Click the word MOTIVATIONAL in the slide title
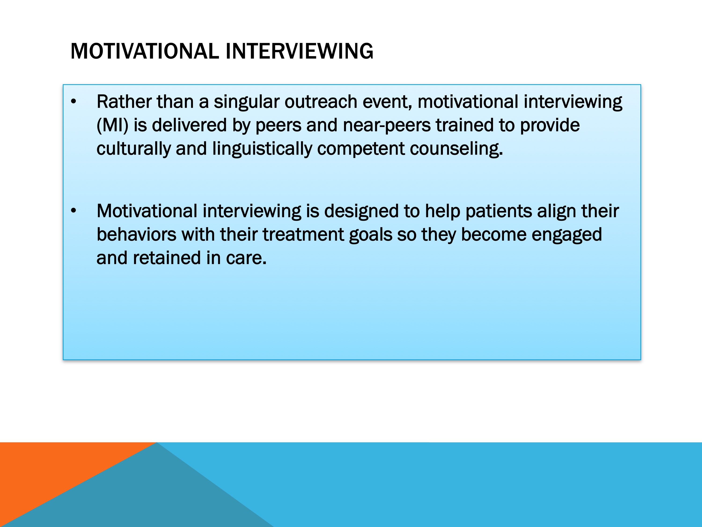pyautogui.click(x=145, y=51)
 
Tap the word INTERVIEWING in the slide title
pyautogui.click(x=299, y=51)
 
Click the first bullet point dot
pyautogui.click(x=74, y=102)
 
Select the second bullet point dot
pyautogui.click(x=74, y=211)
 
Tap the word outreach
pyautogui.click(x=321, y=102)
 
